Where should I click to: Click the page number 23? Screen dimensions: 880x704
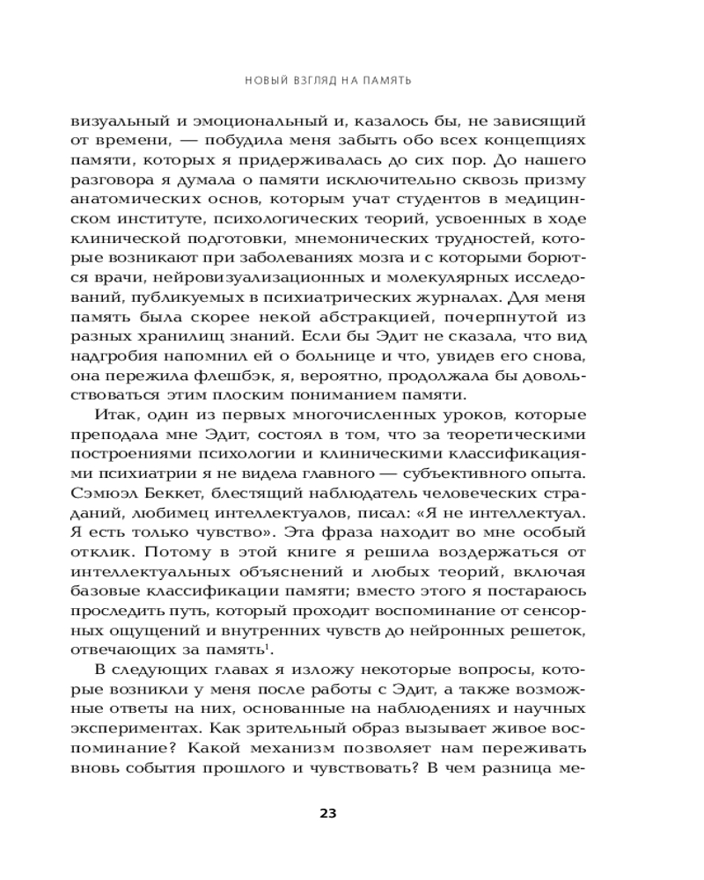(x=327, y=812)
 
